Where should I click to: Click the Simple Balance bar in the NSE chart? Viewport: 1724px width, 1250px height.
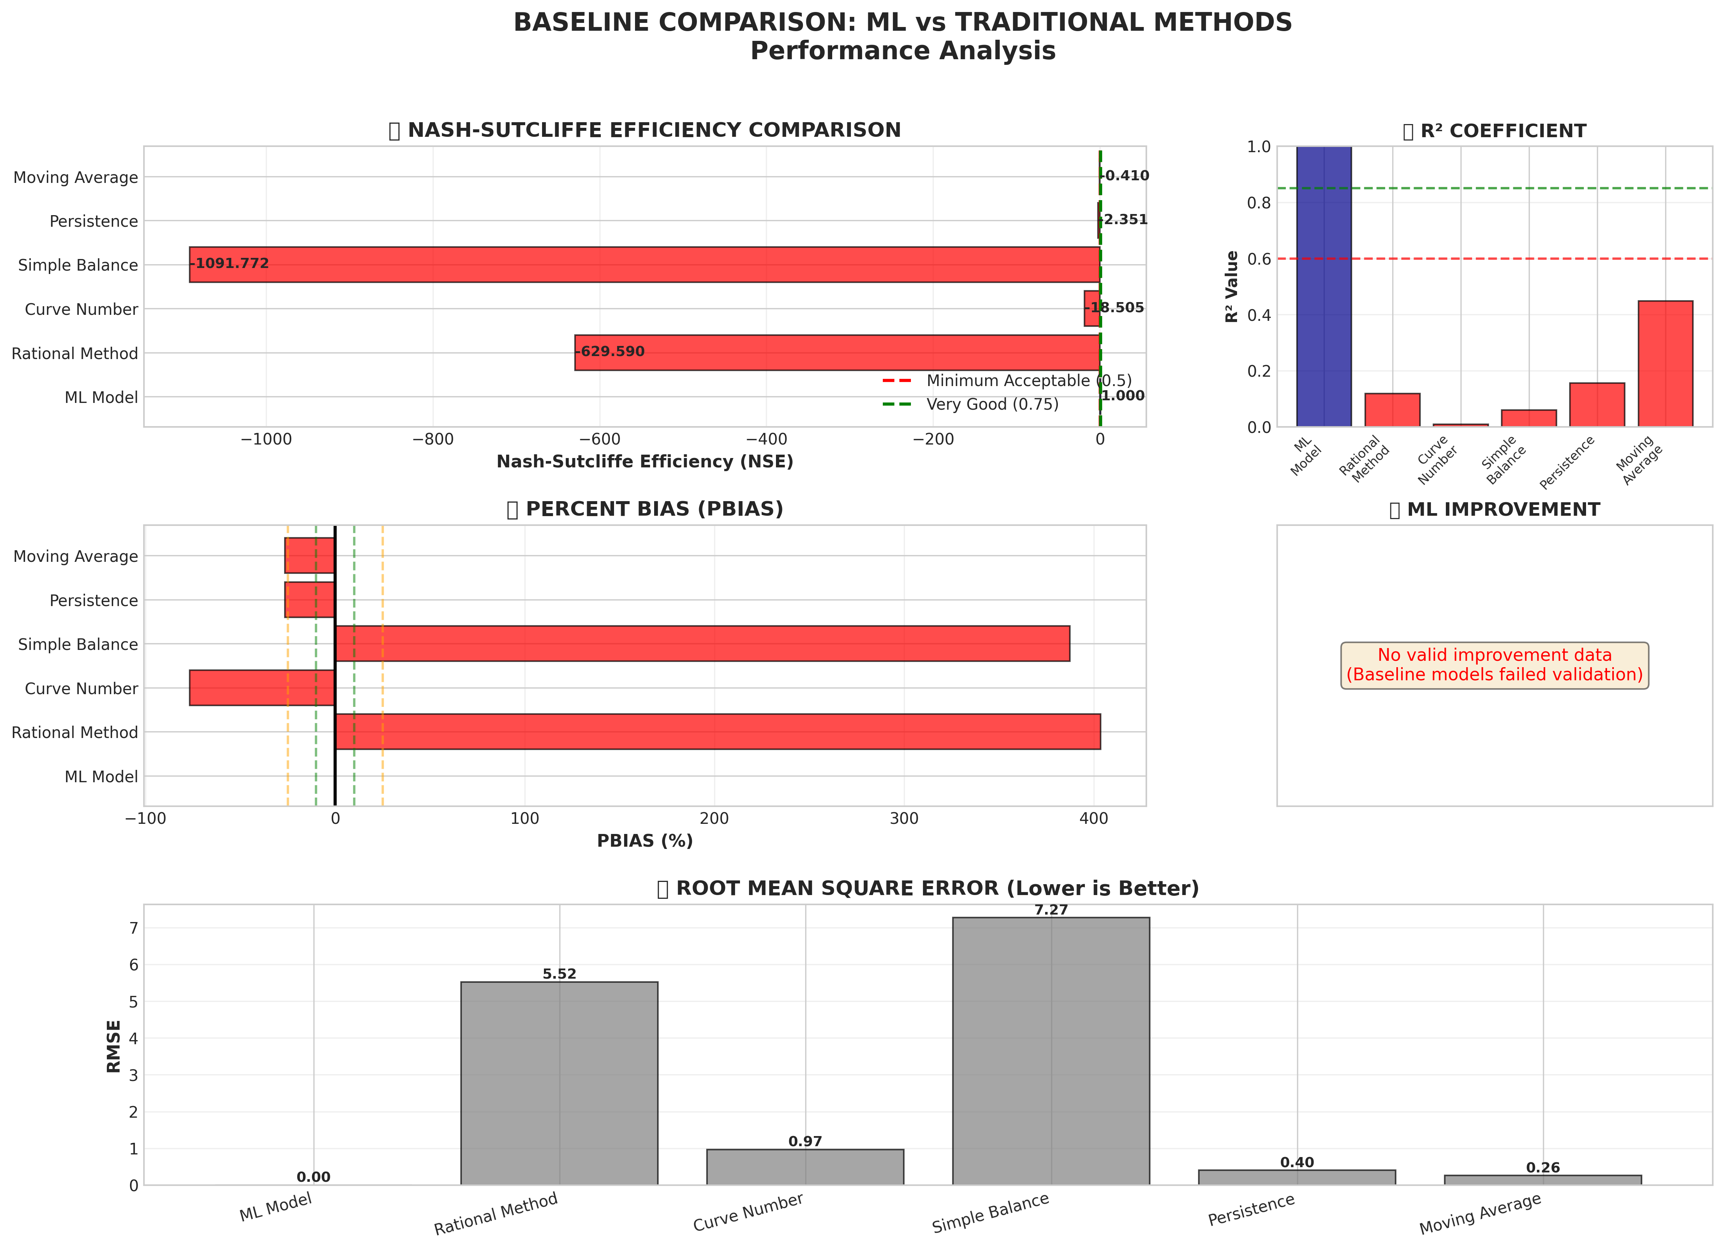[645, 265]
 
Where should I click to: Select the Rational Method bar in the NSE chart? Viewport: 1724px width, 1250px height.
[836, 353]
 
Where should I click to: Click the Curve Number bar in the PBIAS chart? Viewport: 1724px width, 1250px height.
[262, 688]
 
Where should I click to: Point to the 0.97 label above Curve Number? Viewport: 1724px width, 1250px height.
[805, 1141]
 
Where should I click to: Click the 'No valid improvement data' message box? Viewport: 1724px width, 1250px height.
[1495, 665]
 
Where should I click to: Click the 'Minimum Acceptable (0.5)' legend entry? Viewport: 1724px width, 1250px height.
[1028, 381]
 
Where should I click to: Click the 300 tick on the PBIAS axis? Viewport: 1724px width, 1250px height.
[904, 818]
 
